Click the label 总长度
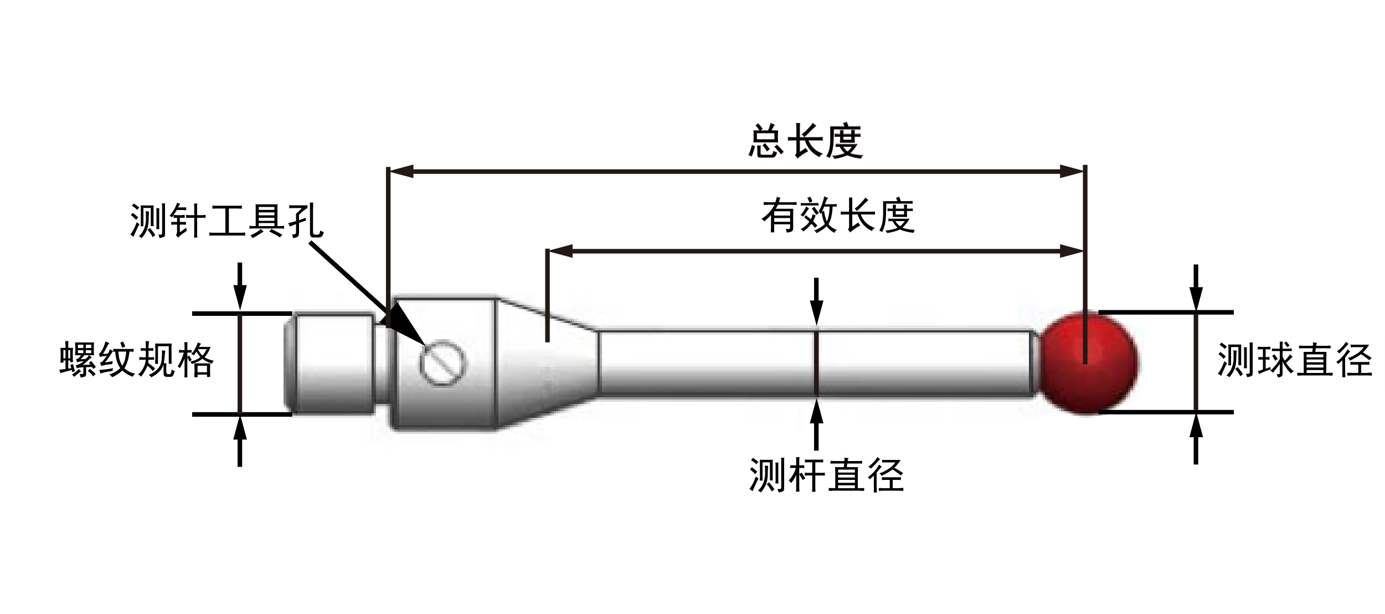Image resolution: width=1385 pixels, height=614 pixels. [x=805, y=142]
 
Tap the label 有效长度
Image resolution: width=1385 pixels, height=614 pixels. [x=838, y=216]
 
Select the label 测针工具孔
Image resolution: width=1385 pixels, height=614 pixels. [x=226, y=221]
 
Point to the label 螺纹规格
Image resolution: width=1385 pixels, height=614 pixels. [x=136, y=361]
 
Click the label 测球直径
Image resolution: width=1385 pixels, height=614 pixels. [x=1294, y=360]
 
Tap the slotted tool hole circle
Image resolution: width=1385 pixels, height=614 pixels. [x=443, y=364]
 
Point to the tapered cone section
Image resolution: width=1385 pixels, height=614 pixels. [x=545, y=363]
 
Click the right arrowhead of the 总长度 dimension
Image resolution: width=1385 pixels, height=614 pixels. [x=1070, y=171]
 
